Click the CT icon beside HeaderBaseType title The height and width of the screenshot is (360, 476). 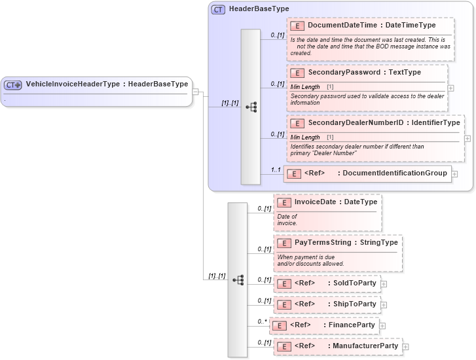(219, 10)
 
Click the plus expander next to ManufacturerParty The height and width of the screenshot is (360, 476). (405, 346)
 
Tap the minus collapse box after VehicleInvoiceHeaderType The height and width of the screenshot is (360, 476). (195, 92)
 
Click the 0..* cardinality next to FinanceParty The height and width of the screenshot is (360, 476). (261, 321)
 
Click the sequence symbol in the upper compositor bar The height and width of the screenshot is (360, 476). (251, 107)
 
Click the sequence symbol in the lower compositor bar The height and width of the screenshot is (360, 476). (238, 279)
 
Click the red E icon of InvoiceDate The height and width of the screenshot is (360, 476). (284, 203)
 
